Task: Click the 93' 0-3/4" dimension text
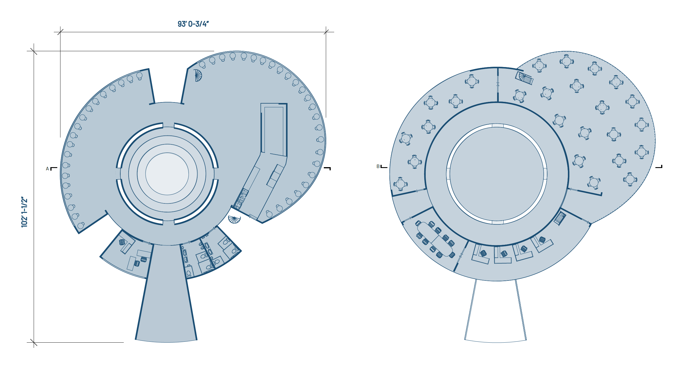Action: [x=193, y=24]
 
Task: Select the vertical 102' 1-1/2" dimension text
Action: [x=24, y=212]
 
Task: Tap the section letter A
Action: [x=47, y=169]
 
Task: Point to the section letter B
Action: [x=378, y=166]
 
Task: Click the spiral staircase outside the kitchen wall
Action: [x=234, y=219]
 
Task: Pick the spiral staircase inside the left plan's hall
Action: [x=198, y=75]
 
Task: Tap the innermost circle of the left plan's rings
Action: [x=167, y=174]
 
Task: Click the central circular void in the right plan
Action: [x=497, y=174]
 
